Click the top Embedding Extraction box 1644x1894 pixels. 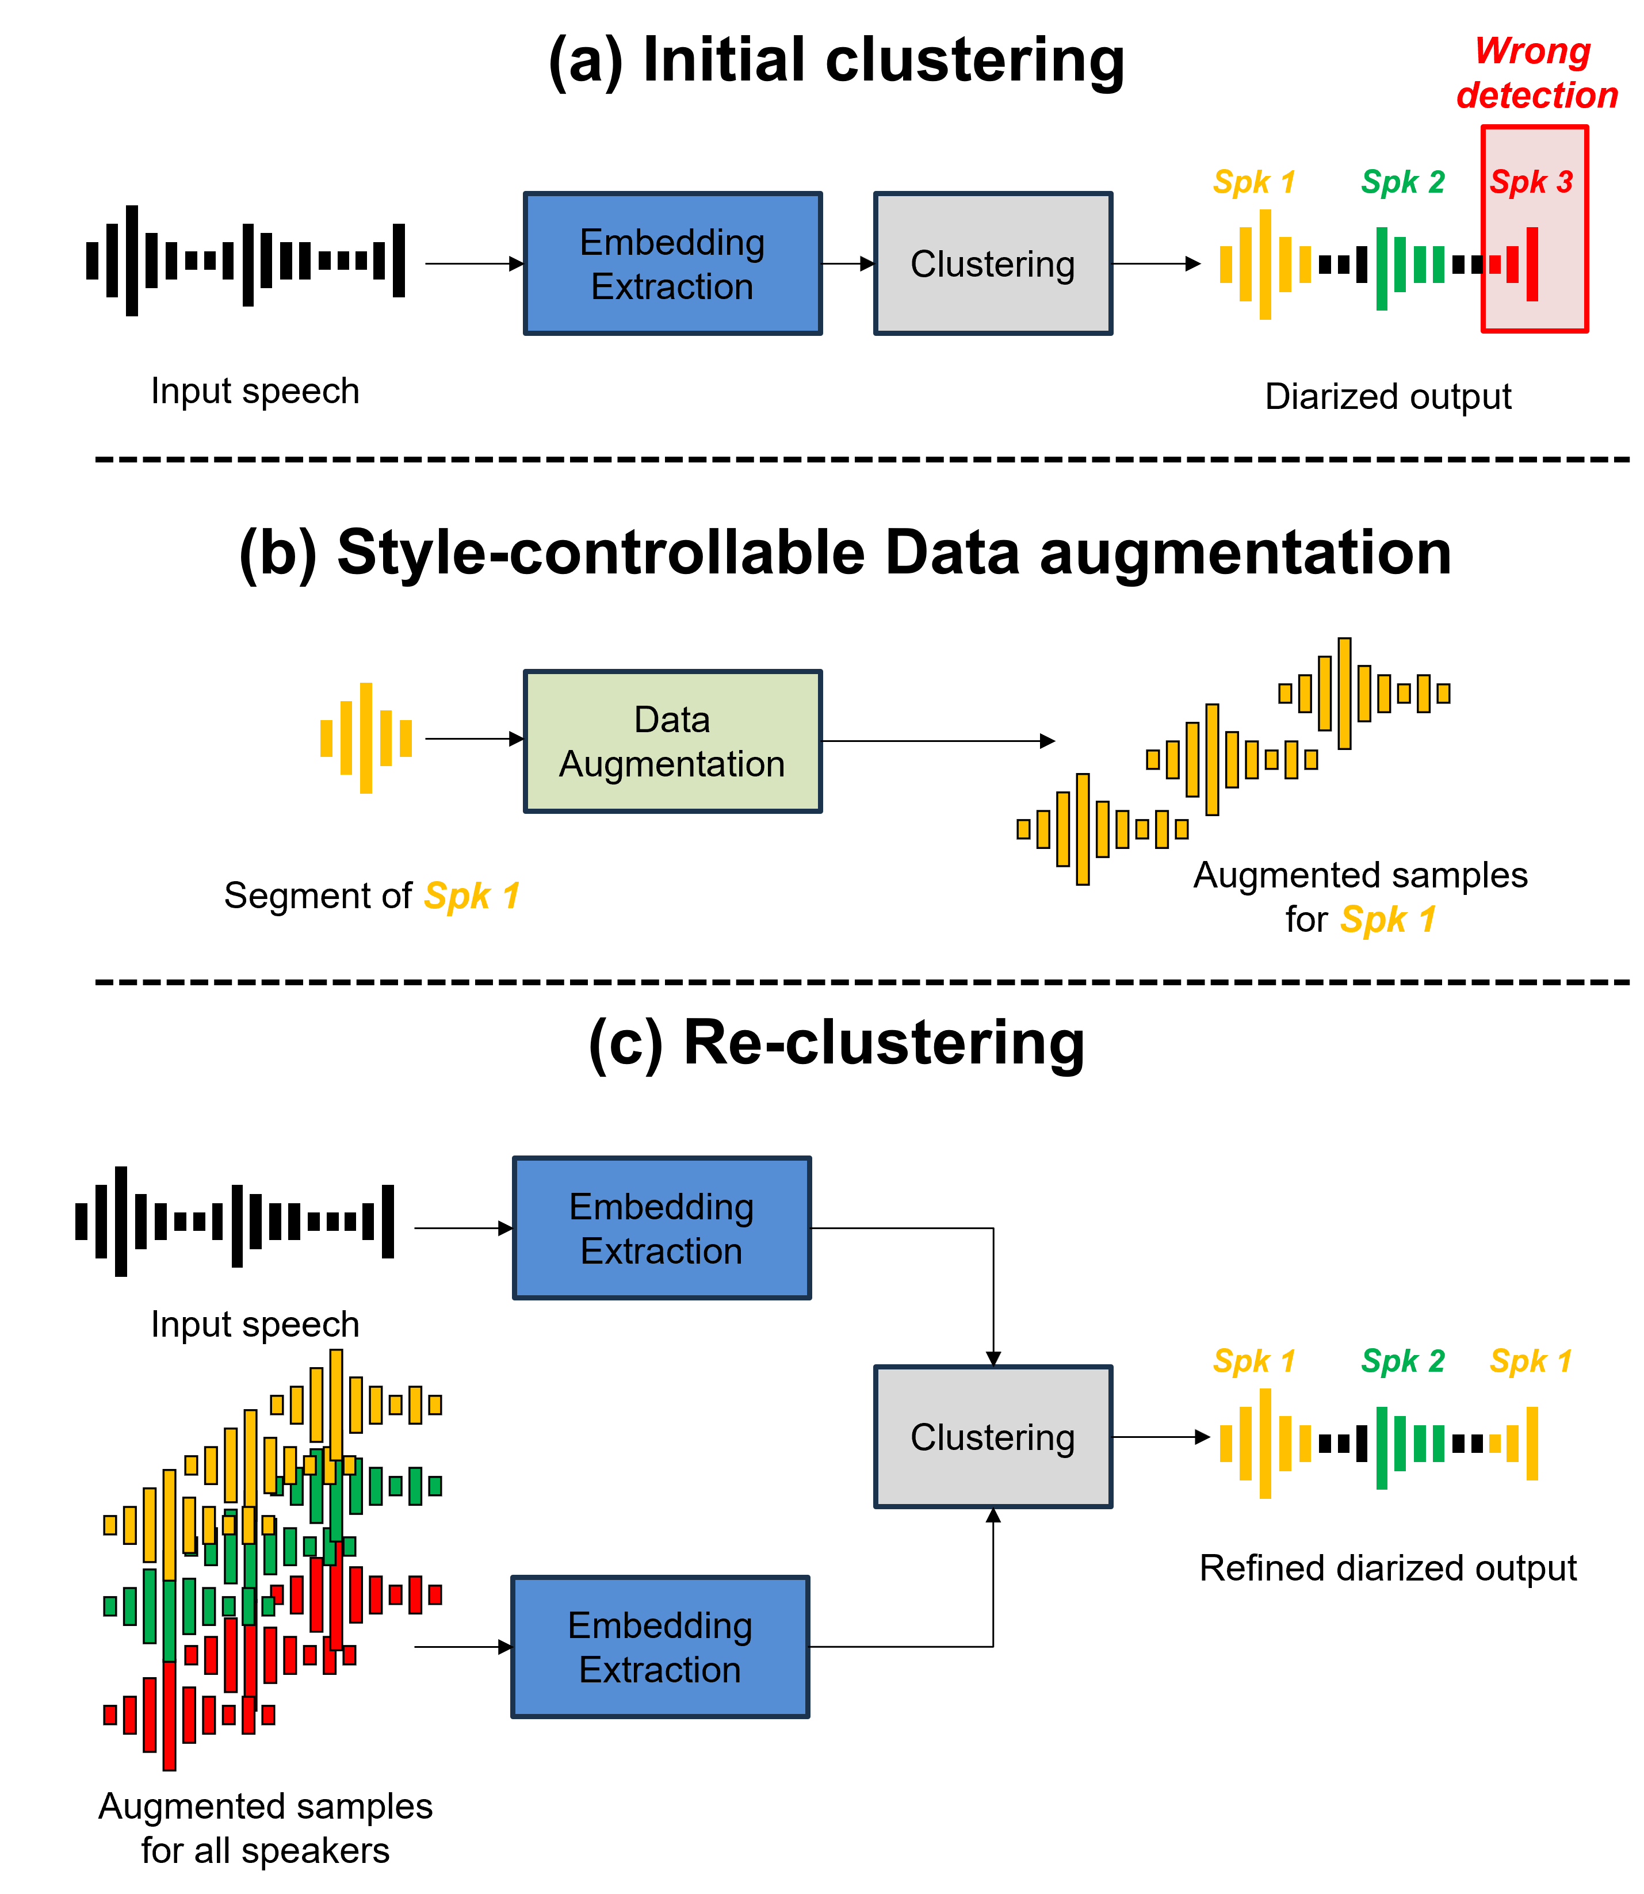(x=672, y=264)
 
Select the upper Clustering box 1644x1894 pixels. (x=993, y=264)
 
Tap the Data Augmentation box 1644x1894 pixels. (x=672, y=741)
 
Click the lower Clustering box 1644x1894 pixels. (x=993, y=1437)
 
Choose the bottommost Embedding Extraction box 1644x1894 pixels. (x=660, y=1647)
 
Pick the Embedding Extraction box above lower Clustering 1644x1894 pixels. (x=662, y=1228)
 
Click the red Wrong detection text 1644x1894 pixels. (x=1536, y=74)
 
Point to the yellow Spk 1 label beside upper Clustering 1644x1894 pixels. (x=1253, y=182)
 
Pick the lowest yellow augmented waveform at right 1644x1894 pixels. (x=1101, y=829)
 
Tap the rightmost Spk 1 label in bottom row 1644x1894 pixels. (x=1530, y=1361)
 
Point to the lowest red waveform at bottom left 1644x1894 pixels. (x=188, y=1715)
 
